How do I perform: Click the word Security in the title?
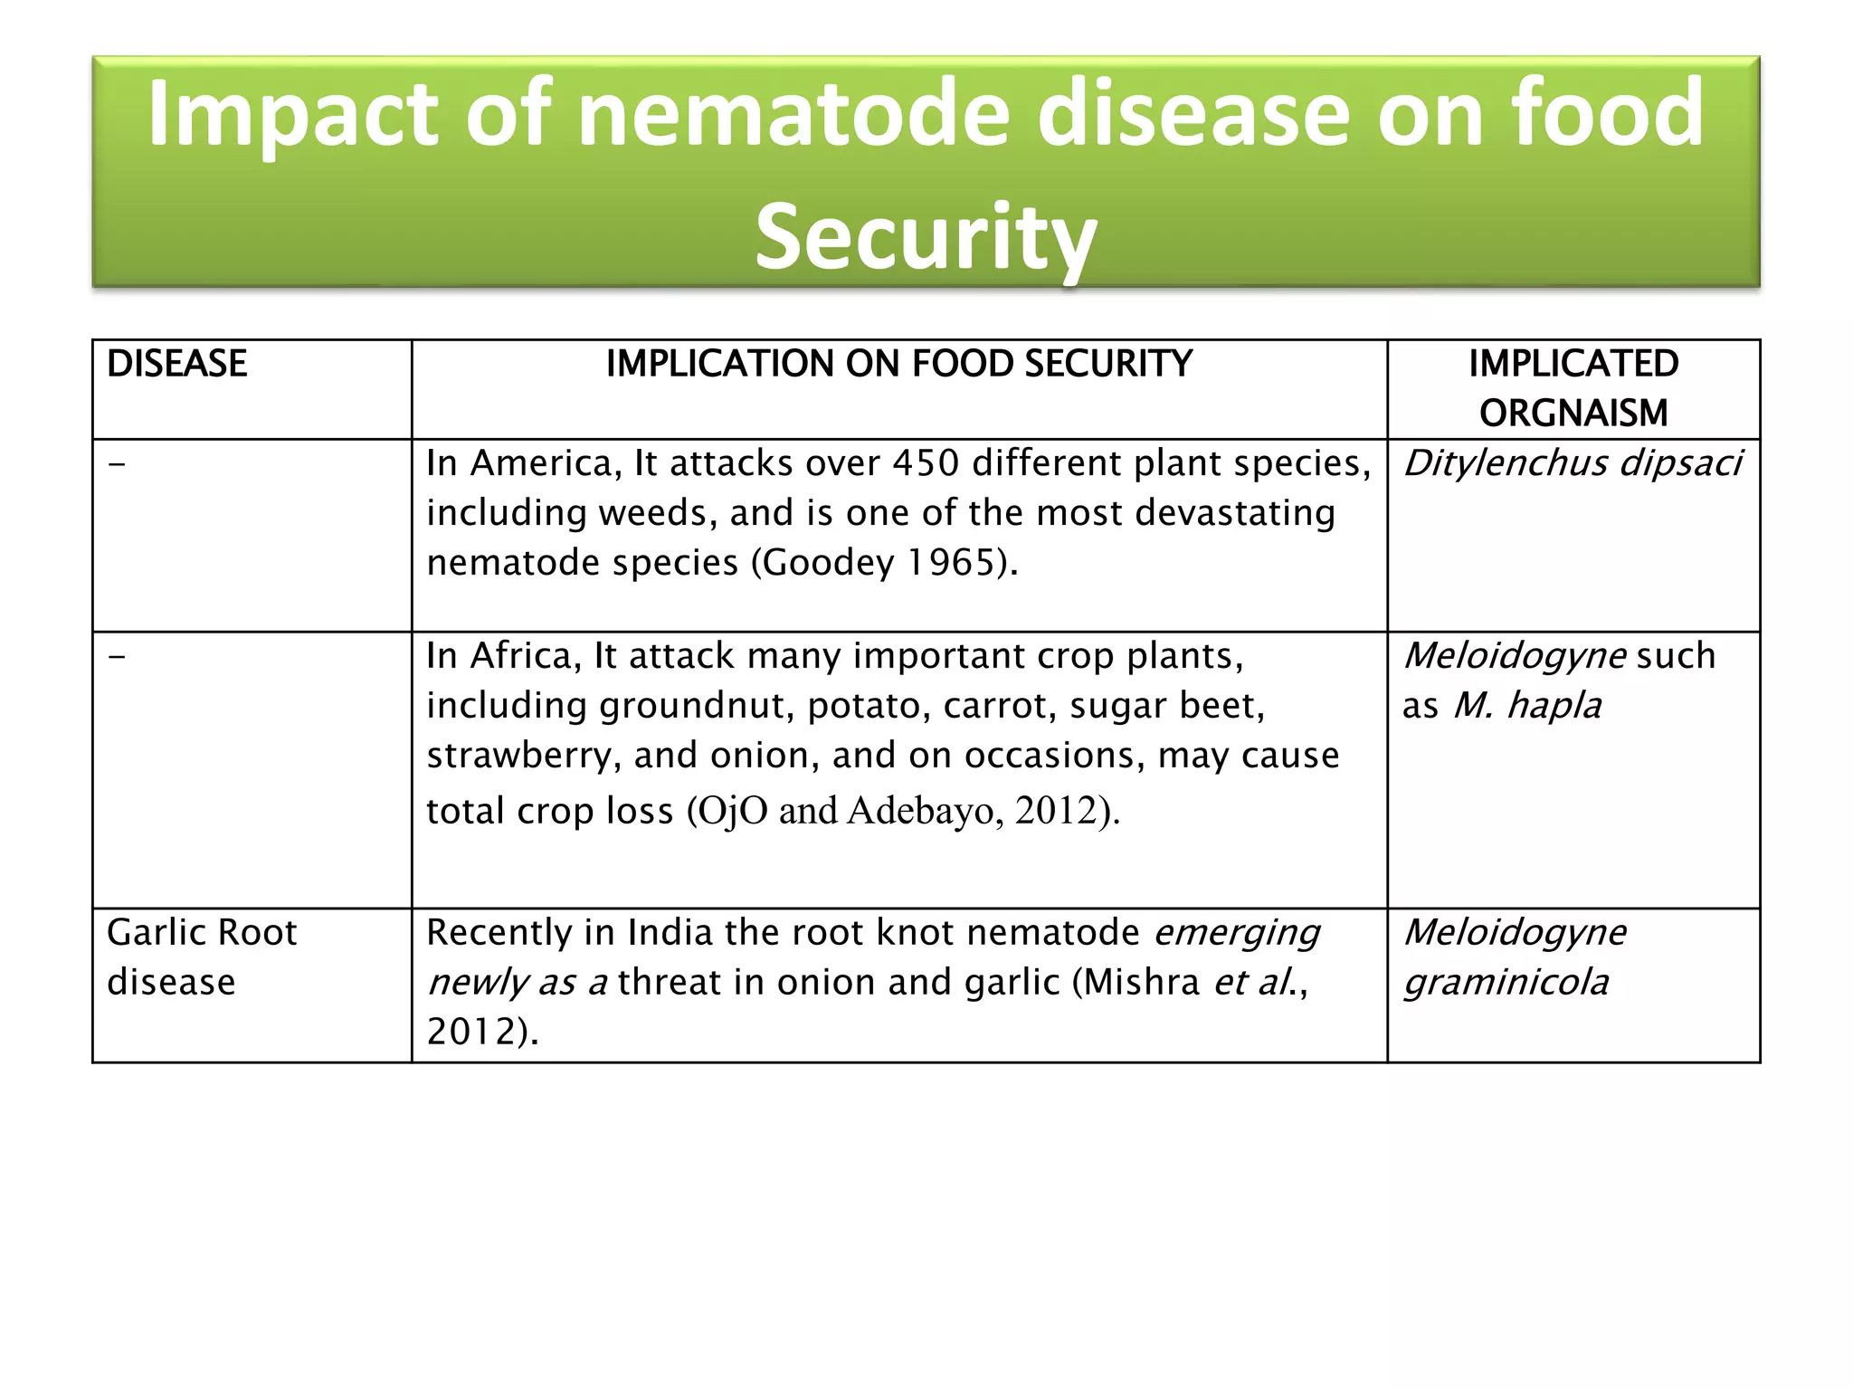(926, 237)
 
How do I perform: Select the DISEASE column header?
(176, 364)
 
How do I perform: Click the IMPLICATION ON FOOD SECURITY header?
(898, 364)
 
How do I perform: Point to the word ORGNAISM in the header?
(1573, 414)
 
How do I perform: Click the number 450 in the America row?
(925, 463)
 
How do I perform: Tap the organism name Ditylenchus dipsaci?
(1572, 463)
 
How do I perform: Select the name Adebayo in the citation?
(921, 811)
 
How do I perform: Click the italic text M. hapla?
(1527, 706)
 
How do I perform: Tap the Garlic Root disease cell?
(202, 957)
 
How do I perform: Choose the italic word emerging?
(1237, 933)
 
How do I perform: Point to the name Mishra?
(1141, 983)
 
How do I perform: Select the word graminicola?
(1506, 983)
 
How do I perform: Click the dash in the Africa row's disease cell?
(117, 656)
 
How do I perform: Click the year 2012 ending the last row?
(470, 1033)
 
